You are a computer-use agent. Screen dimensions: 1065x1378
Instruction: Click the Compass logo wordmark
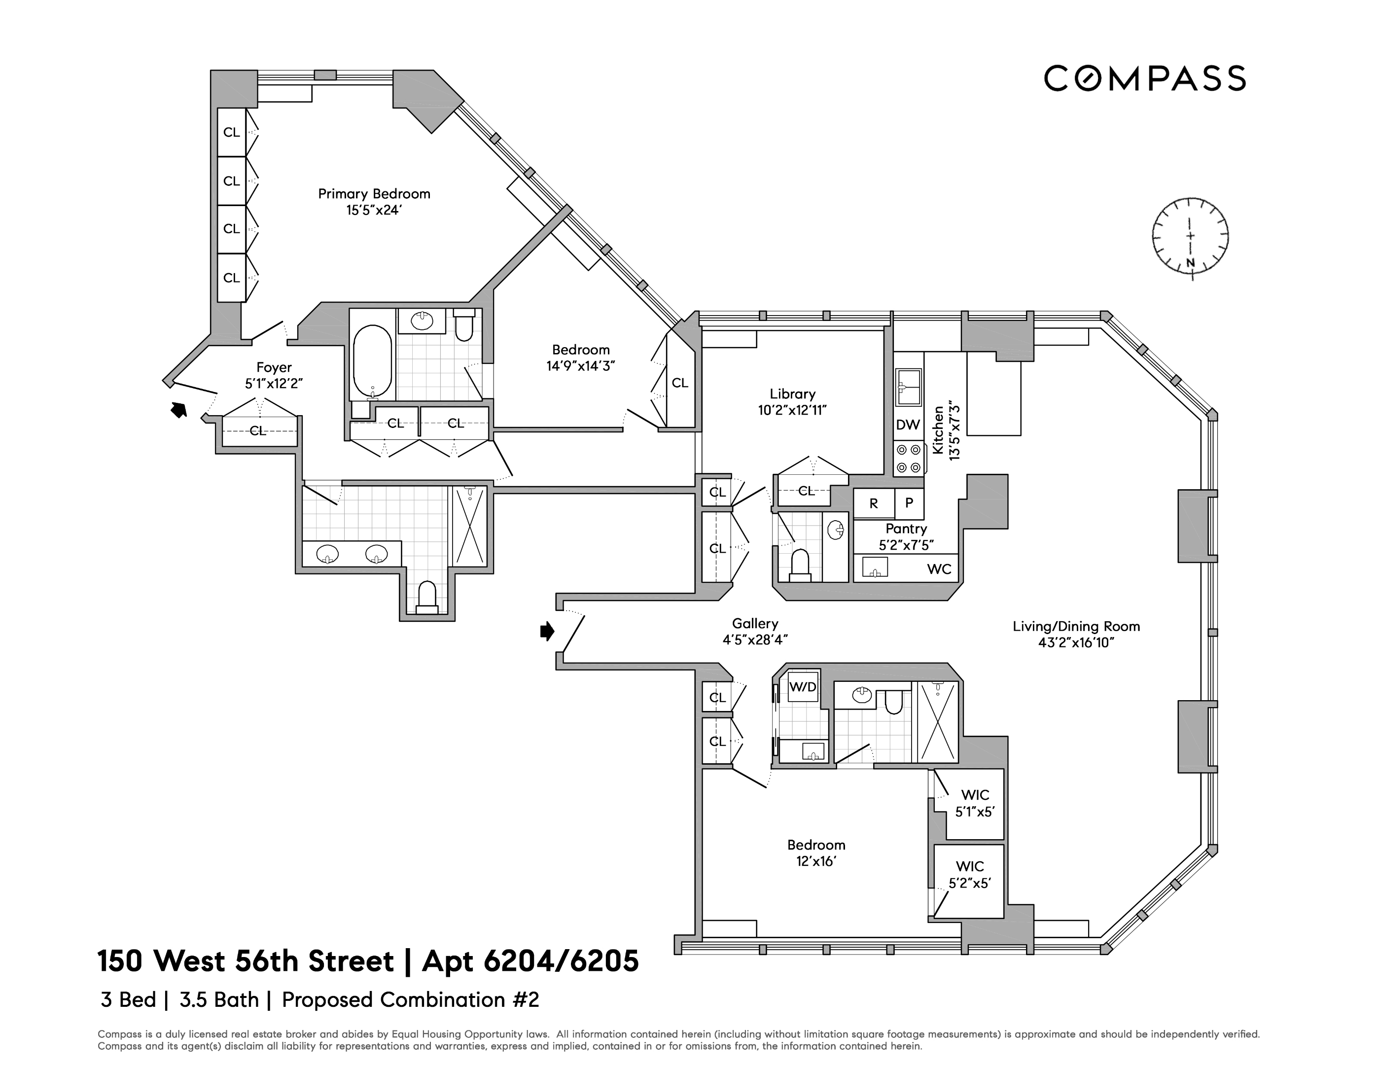1144,78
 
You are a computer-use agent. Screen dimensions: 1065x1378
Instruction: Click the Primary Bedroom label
374,194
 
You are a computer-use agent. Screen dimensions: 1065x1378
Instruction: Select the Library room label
792,393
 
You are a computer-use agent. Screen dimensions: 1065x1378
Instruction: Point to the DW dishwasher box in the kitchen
908,425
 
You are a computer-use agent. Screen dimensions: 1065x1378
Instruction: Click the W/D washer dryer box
803,687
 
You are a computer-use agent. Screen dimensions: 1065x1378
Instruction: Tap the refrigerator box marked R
873,503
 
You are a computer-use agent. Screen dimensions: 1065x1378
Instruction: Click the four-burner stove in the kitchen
909,459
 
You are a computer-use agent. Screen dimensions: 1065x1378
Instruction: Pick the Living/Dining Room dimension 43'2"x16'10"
1076,643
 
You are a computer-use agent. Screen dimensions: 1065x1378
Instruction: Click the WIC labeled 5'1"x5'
975,803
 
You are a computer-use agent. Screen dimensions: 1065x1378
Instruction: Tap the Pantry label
906,529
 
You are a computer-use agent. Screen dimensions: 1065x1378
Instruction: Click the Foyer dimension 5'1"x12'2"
274,384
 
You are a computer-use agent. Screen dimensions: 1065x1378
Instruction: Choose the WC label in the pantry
939,569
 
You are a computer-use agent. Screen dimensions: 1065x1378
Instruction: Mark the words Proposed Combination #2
410,1000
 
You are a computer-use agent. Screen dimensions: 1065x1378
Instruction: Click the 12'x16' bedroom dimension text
816,861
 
